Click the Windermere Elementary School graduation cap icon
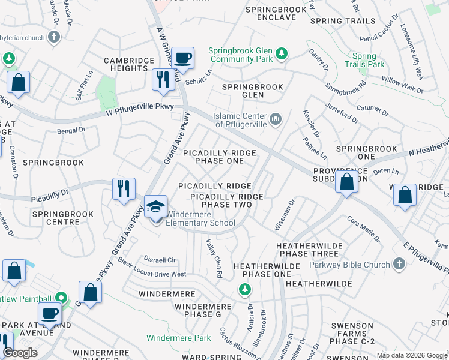156,208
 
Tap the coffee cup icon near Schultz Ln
183,58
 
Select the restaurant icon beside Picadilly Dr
124,188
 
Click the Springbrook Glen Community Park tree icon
280,55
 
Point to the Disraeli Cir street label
160,260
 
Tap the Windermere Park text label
178,338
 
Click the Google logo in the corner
20,353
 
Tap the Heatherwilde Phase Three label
309,250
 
